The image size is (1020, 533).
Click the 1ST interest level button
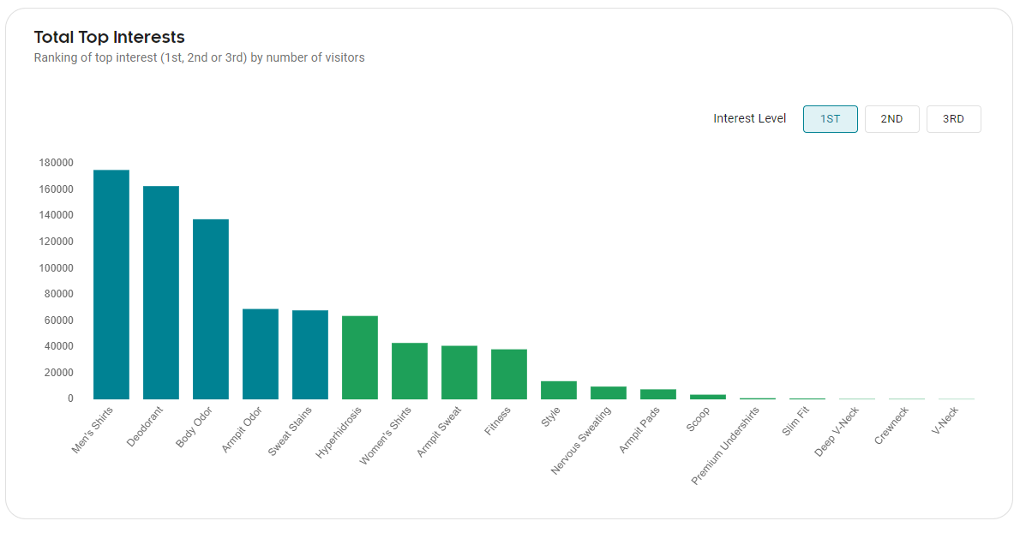pyautogui.click(x=830, y=119)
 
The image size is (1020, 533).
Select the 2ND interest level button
pyautogui.click(x=891, y=119)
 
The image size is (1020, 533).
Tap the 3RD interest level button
pyautogui.click(x=953, y=119)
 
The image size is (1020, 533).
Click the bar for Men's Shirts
pyautogui.click(x=111, y=284)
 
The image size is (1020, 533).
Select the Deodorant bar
pyautogui.click(x=161, y=292)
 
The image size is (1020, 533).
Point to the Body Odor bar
pyautogui.click(x=211, y=309)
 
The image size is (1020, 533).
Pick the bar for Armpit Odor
pyautogui.click(x=261, y=354)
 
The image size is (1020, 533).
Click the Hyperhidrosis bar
pyautogui.click(x=360, y=357)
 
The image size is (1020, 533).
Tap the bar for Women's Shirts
pyautogui.click(x=410, y=371)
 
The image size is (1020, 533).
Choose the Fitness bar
pyautogui.click(x=509, y=374)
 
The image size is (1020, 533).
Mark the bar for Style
pyautogui.click(x=559, y=390)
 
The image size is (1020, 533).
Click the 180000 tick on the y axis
pyautogui.click(x=56, y=163)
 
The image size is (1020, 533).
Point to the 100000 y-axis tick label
pyautogui.click(x=56, y=267)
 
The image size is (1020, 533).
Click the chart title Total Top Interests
pyautogui.click(x=109, y=37)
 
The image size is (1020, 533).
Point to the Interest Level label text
pyautogui.click(x=749, y=119)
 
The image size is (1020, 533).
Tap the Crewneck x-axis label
pyautogui.click(x=892, y=425)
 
